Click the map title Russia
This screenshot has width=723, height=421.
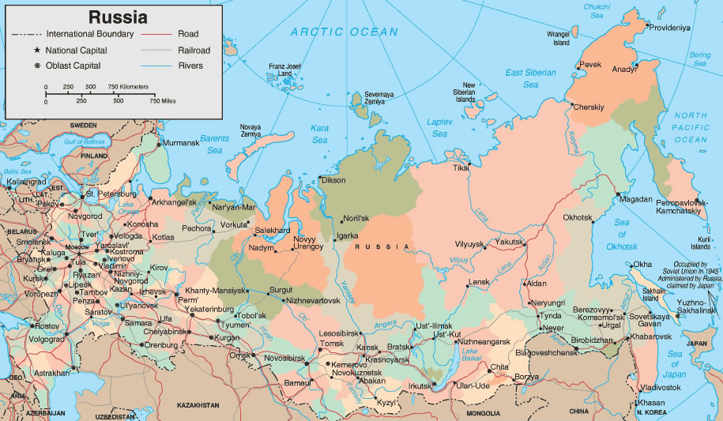coord(118,16)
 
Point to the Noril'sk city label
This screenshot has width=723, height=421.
coord(356,219)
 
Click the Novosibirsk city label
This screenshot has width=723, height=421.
coord(284,358)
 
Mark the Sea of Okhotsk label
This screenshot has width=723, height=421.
coord(621,235)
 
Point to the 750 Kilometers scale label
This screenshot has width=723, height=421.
coord(128,86)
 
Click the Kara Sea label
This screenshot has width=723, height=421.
coord(319,133)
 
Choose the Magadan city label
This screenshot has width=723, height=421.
coord(637,199)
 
